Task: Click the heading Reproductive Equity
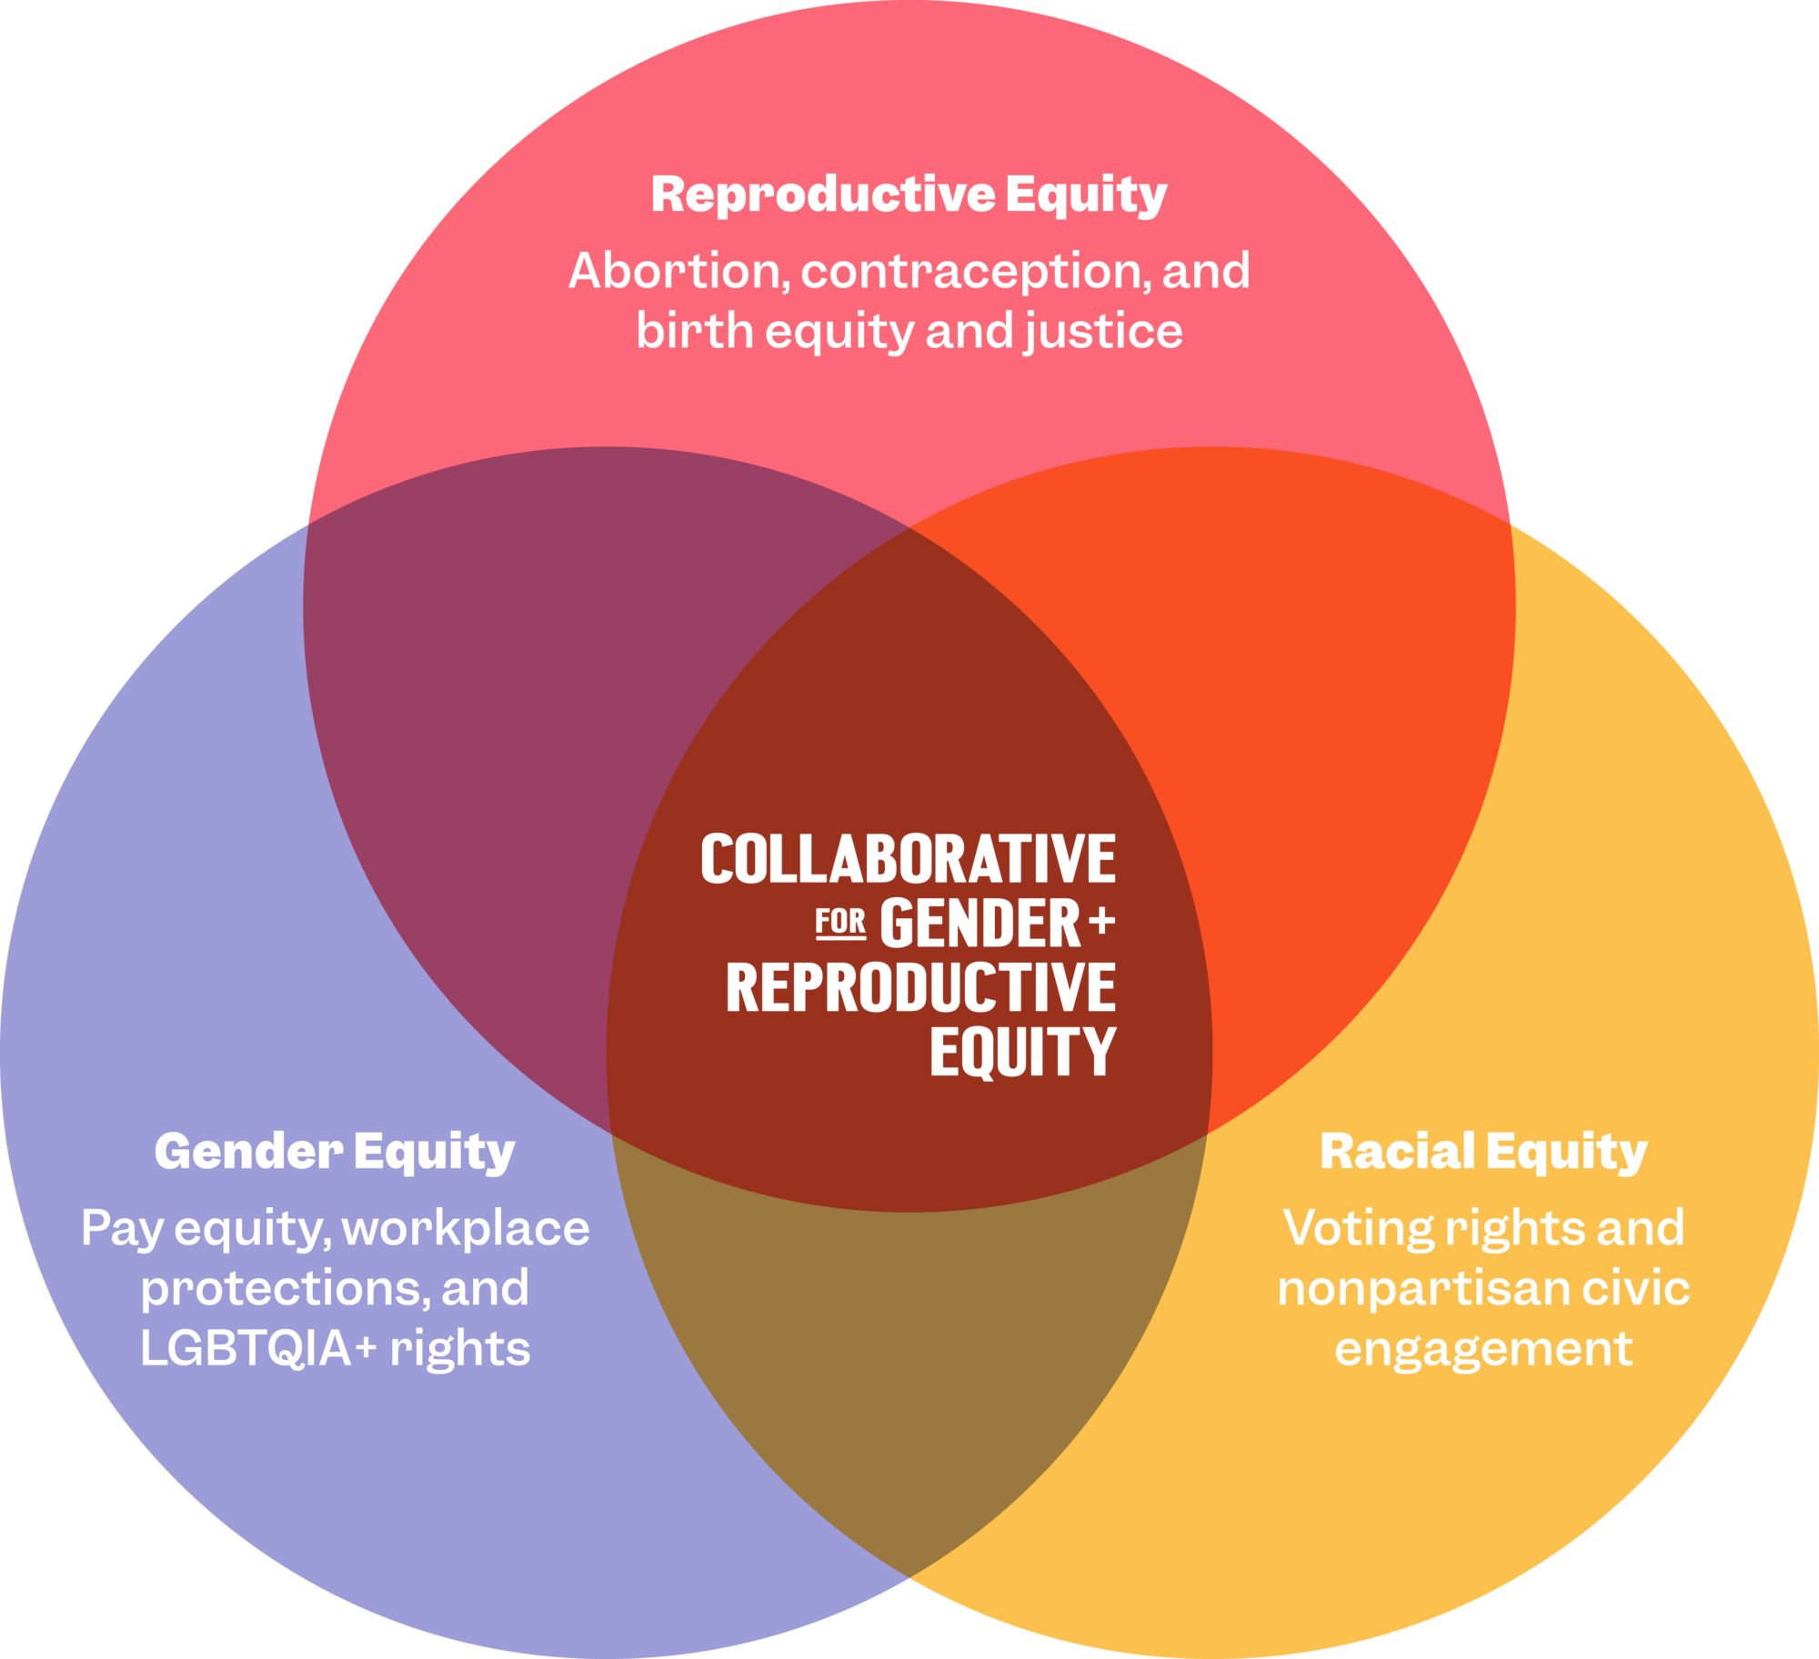(909, 195)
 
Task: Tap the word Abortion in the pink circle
(674, 271)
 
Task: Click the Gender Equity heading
(335, 1152)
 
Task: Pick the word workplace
(466, 1229)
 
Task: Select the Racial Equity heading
(1483, 1152)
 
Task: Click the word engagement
(1483, 1349)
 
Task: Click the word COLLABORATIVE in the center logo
(908, 859)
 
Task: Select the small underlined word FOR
(840, 923)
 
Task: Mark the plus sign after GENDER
(1101, 922)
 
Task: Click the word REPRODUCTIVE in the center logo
(920, 988)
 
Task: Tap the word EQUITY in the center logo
(1022, 1052)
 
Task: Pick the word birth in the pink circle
(694, 330)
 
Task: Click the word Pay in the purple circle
(121, 1229)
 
